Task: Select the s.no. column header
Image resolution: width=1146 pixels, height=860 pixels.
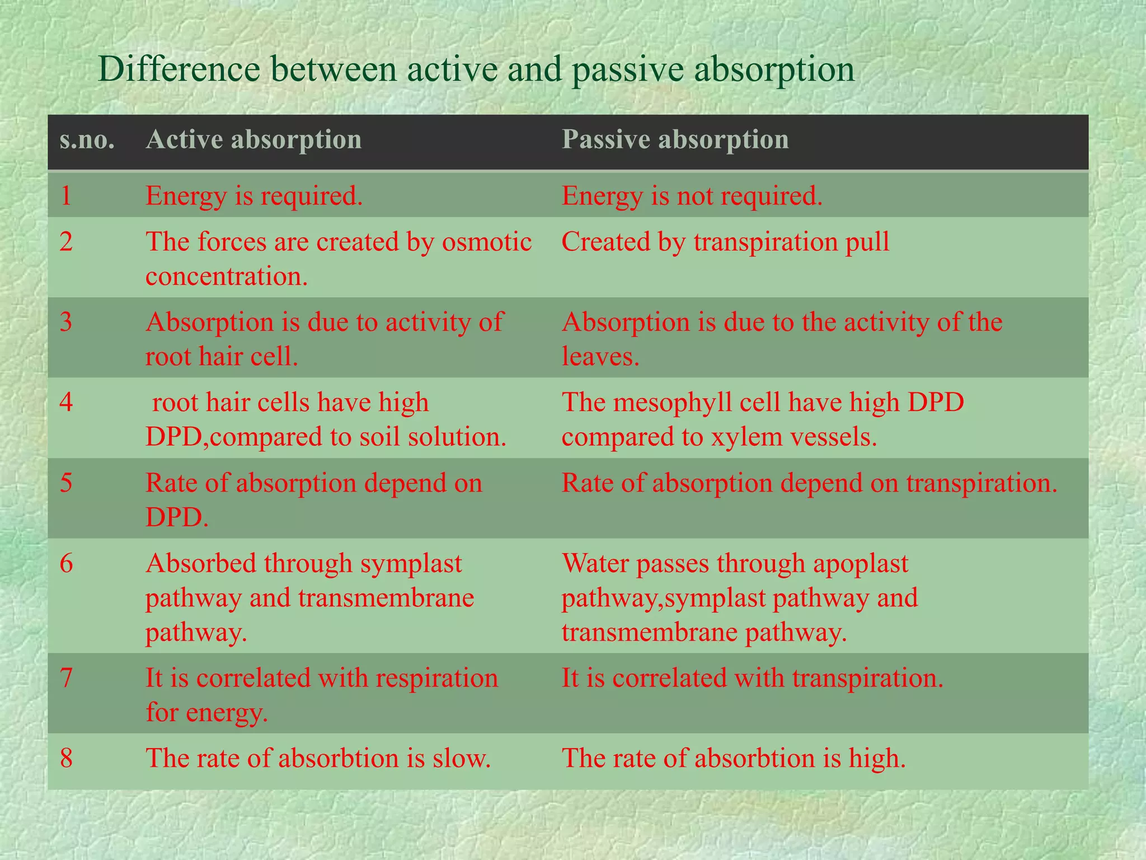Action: tap(87, 139)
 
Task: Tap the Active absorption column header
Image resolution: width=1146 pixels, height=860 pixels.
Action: tap(253, 139)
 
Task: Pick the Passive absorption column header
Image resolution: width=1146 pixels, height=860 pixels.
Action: tap(675, 139)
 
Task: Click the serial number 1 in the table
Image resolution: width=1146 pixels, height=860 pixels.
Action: tap(66, 196)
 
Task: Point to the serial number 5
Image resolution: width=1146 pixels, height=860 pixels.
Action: tap(66, 483)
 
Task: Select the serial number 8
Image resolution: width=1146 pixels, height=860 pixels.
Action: tap(66, 758)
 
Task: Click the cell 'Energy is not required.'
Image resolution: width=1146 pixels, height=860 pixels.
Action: tap(692, 196)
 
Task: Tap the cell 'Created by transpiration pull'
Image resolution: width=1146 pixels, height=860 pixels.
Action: tap(725, 242)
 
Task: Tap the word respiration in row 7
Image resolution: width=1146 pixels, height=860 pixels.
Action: tap(436, 678)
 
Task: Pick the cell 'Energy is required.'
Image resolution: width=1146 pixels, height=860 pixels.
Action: tap(254, 196)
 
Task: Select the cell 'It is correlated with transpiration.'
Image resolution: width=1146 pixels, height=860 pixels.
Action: tap(752, 678)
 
